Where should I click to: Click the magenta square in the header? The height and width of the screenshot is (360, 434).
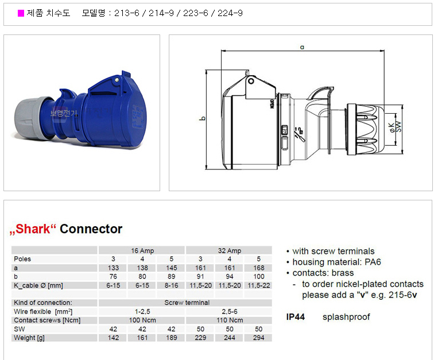(x=21, y=13)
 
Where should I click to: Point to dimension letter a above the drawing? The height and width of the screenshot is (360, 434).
(x=302, y=47)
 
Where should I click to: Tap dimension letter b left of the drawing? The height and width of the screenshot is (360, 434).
(x=203, y=118)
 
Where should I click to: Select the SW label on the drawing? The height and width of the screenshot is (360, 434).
(x=398, y=126)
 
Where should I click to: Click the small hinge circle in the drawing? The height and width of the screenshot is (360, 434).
(x=251, y=81)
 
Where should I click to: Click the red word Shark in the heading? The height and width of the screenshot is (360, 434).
(x=33, y=229)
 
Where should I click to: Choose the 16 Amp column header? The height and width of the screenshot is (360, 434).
(x=142, y=250)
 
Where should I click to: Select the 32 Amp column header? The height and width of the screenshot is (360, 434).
(x=230, y=250)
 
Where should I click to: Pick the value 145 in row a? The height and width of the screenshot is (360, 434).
(x=171, y=268)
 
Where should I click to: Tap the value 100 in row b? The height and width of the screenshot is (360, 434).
(x=258, y=276)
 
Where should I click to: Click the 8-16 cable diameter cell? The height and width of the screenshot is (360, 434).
(x=171, y=285)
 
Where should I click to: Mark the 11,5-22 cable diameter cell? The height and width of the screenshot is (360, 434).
(x=258, y=285)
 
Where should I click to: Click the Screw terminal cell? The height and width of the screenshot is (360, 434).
(x=187, y=303)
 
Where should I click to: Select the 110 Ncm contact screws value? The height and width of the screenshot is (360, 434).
(x=230, y=320)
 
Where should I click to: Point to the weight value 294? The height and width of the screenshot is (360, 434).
(x=258, y=338)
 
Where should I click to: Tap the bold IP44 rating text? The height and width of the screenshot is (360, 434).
(x=295, y=317)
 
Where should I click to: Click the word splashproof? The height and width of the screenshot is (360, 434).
(x=346, y=317)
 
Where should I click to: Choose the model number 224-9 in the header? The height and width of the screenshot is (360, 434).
(x=230, y=13)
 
